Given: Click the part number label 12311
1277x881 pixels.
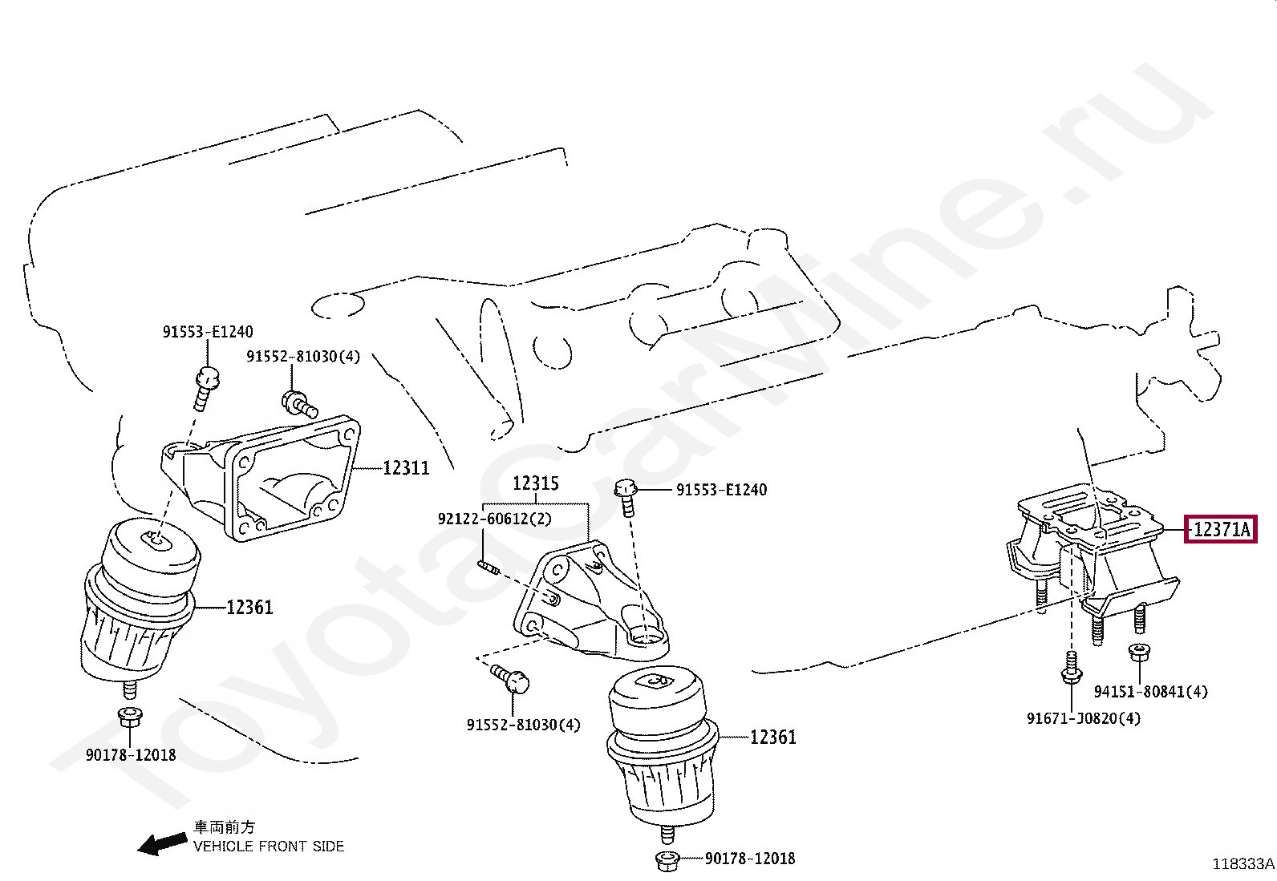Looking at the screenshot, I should coord(406,467).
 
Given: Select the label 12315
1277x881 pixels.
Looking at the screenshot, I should coord(536,483).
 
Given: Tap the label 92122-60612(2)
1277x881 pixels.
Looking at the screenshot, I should coord(495,519).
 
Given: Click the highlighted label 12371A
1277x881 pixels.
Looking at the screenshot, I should coord(1220,530).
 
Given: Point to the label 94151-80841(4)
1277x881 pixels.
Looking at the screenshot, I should coord(1151,691).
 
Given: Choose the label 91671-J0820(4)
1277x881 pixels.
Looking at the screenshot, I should coord(1083,718).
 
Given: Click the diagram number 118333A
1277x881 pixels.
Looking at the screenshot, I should coord(1243,864).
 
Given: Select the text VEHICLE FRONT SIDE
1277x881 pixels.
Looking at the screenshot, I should coord(269,846).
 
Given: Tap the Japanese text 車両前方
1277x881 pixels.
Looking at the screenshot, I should coord(224,827).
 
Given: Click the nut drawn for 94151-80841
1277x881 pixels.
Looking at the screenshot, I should coord(1137,653).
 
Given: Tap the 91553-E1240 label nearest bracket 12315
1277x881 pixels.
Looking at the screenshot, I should coord(721,489).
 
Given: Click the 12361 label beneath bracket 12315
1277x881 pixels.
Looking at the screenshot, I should coord(772,737).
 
